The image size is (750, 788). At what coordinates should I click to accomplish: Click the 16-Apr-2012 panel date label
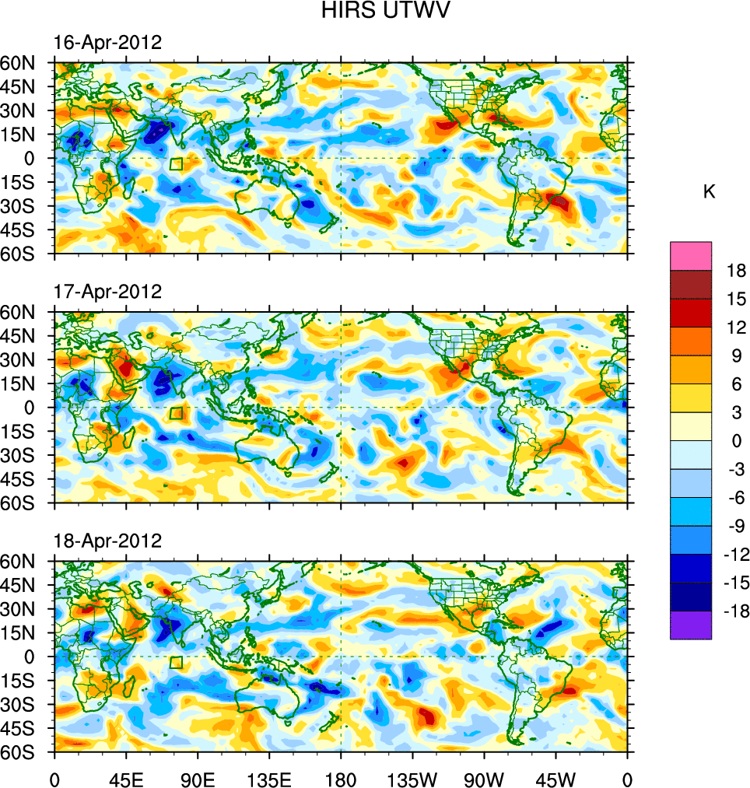(x=107, y=43)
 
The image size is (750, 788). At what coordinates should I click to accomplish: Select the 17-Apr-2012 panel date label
(x=107, y=292)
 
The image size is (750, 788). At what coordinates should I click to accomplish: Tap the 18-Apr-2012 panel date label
(x=107, y=541)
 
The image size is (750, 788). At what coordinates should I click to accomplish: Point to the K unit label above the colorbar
(x=709, y=192)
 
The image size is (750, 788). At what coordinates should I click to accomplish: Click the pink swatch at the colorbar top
(x=691, y=255)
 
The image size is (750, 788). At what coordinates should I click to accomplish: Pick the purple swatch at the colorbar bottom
(x=691, y=625)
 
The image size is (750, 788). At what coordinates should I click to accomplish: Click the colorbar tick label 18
(x=737, y=271)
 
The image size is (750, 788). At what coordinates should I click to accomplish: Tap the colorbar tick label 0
(x=736, y=441)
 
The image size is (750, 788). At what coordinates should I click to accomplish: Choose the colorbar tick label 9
(x=736, y=356)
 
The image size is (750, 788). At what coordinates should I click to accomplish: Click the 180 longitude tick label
(x=341, y=778)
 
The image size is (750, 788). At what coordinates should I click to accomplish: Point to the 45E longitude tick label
(x=126, y=778)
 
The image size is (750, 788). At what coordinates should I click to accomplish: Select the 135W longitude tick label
(x=412, y=778)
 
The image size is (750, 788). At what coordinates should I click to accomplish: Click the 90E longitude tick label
(x=198, y=778)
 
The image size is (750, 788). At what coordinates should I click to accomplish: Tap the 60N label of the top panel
(x=26, y=63)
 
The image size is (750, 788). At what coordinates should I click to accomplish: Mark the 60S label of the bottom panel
(x=26, y=753)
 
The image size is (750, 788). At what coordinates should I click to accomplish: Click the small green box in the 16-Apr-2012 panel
(x=176, y=163)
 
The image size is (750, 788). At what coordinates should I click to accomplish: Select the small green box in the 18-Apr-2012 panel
(x=176, y=662)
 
